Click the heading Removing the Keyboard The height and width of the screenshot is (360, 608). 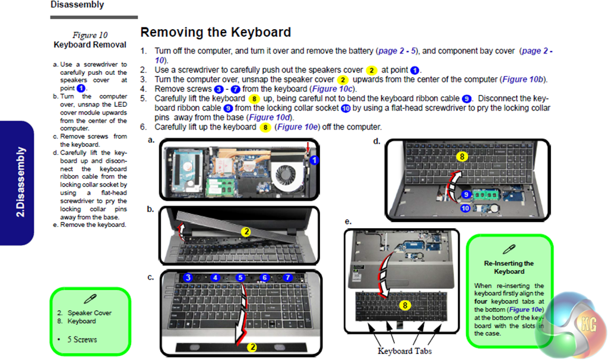[216, 33]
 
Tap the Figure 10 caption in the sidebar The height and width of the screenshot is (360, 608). [90, 36]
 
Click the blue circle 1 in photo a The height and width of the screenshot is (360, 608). [315, 160]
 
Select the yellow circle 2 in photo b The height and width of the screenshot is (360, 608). [245, 232]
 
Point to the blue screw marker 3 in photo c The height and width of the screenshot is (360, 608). [188, 277]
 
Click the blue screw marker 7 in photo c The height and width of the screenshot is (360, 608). [288, 277]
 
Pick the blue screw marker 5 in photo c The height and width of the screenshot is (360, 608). [240, 277]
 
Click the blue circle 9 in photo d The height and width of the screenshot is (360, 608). [466, 194]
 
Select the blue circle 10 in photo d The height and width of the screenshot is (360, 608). [465, 209]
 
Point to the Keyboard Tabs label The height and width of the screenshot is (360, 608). [404, 350]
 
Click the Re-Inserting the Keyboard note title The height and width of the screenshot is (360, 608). [509, 267]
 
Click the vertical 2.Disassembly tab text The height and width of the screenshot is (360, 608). [20, 182]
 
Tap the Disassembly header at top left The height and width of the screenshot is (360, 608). [77, 5]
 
